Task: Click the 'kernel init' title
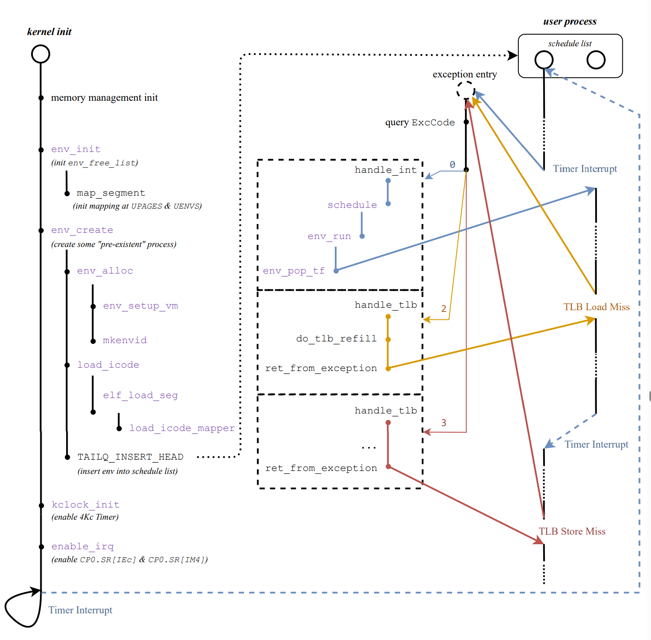(x=49, y=32)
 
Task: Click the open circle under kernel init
(x=41, y=54)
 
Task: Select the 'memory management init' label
(x=104, y=97)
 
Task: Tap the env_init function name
(x=76, y=149)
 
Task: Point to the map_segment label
(x=111, y=193)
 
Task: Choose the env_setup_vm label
(x=141, y=306)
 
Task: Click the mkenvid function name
(x=125, y=340)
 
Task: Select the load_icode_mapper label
(x=182, y=428)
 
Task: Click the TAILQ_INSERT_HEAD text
(x=130, y=457)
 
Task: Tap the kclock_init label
(x=85, y=505)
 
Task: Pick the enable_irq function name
(x=82, y=546)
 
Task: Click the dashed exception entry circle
(x=465, y=90)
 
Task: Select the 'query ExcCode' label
(x=420, y=122)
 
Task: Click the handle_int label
(x=385, y=170)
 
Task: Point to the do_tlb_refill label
(x=336, y=339)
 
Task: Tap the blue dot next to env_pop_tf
(x=336, y=271)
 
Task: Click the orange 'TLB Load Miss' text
(x=596, y=307)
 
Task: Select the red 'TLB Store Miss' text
(x=572, y=531)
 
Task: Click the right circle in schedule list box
(x=596, y=60)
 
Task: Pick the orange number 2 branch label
(x=443, y=309)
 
